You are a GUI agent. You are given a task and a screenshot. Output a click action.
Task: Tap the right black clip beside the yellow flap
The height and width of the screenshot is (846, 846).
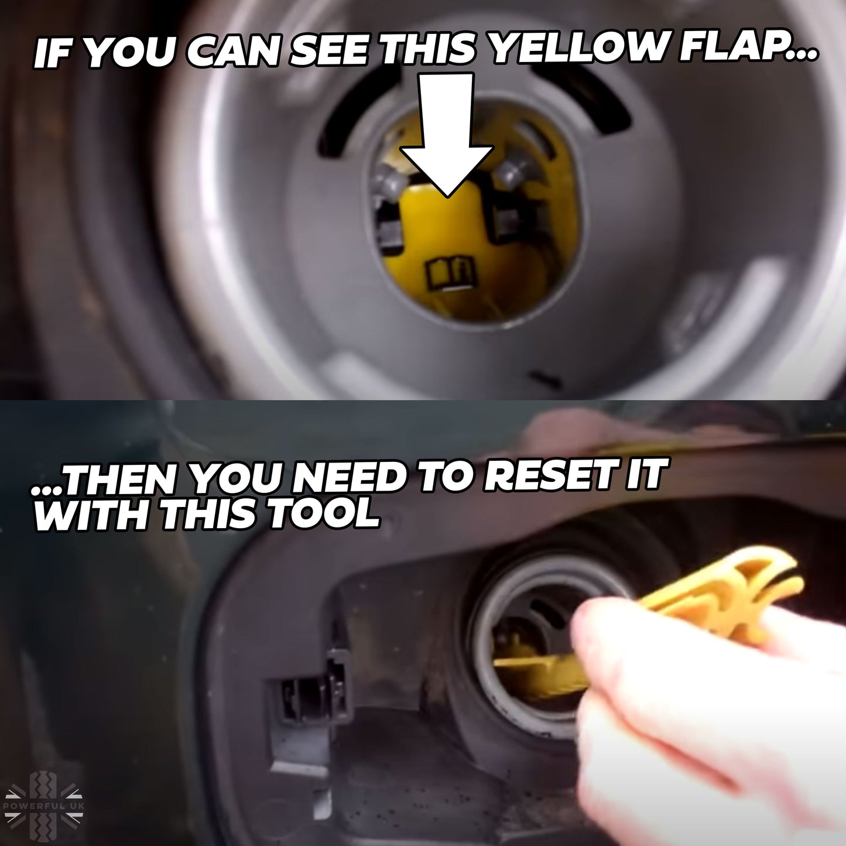click(508, 223)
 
